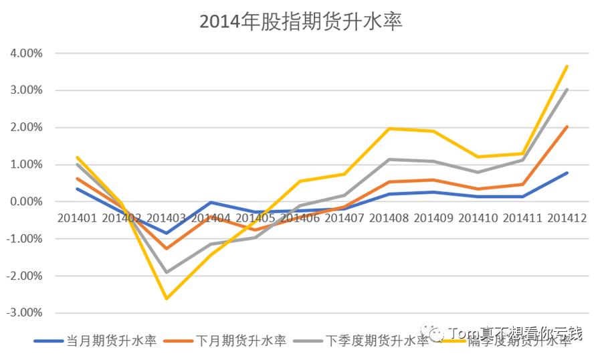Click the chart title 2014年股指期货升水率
click(x=301, y=21)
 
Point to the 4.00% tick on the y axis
click(x=27, y=53)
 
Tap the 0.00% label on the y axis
click(x=27, y=201)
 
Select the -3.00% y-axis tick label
click(x=25, y=312)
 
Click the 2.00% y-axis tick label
click(x=27, y=127)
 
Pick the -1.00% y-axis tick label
click(x=25, y=238)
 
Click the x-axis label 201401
click(x=77, y=217)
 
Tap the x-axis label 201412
click(x=567, y=217)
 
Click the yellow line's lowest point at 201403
click(x=166, y=298)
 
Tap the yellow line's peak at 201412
click(x=567, y=66)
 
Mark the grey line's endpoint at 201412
click(x=567, y=89)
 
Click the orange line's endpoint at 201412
click(x=567, y=126)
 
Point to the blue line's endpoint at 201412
click(x=567, y=173)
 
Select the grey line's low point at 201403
click(x=166, y=272)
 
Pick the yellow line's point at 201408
click(x=389, y=128)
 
